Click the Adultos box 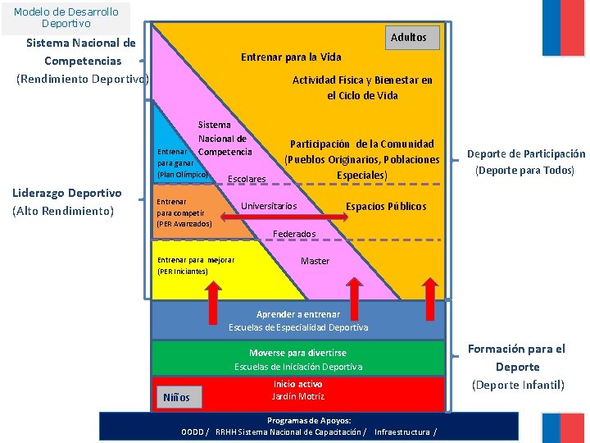[408, 38]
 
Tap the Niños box [176, 398]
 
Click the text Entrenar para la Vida [291, 57]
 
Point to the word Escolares [247, 179]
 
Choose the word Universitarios [269, 205]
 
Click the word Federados [294, 234]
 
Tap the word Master [315, 261]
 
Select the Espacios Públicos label [386, 206]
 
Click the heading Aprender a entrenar [298, 315]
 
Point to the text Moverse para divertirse [297, 353]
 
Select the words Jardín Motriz [298, 396]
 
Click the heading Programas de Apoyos [308, 420]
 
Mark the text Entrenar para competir [184, 212]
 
